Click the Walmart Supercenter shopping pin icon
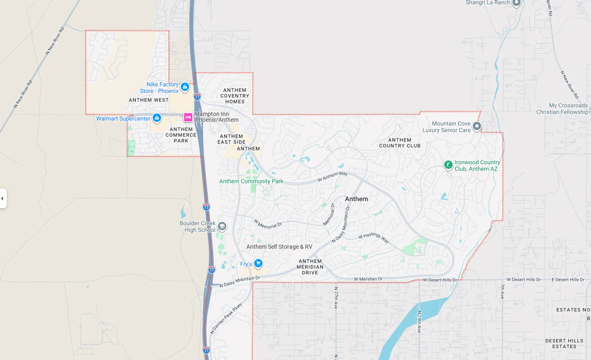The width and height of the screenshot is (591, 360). click(x=157, y=118)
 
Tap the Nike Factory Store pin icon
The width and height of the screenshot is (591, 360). click(x=185, y=87)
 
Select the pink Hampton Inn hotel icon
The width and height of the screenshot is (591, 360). click(x=188, y=117)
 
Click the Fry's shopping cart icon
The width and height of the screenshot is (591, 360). click(x=258, y=263)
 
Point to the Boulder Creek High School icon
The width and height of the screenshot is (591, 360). click(x=222, y=226)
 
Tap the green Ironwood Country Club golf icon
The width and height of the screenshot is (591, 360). click(x=448, y=165)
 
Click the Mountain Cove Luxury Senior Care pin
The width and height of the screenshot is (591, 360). click(x=476, y=126)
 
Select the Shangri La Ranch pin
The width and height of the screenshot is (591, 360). click(x=516, y=3)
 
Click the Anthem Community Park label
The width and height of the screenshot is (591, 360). click(x=251, y=181)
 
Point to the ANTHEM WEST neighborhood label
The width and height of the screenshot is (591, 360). click(x=149, y=100)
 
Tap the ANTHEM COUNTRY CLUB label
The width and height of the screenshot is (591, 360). click(x=400, y=143)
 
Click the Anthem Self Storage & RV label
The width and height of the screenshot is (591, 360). click(x=279, y=247)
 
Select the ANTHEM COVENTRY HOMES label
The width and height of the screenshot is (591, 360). click(x=235, y=96)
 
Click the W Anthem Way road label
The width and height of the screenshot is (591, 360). click(x=332, y=176)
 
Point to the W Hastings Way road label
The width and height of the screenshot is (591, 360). click(x=374, y=237)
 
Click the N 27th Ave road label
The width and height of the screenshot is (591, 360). click(x=336, y=298)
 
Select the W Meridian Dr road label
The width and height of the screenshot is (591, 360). click(x=368, y=279)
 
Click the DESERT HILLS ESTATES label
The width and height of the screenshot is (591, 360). click(x=564, y=343)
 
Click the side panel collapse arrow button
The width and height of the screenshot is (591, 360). click(x=3, y=198)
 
